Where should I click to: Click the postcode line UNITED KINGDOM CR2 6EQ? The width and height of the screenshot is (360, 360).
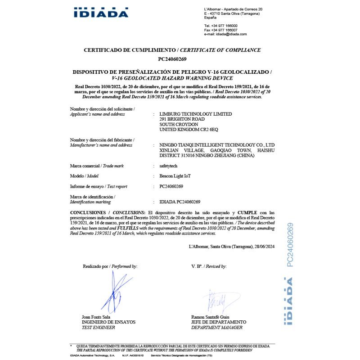pyautogui.click(x=189, y=130)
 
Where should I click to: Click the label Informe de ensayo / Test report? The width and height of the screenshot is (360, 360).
pyautogui.click(x=99, y=186)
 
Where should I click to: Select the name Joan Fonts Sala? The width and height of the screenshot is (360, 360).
pyautogui.click(x=96, y=317)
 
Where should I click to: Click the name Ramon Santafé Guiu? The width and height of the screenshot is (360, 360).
pyautogui.click(x=211, y=317)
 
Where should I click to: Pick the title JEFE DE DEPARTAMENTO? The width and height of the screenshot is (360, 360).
pyautogui.click(x=219, y=322)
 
